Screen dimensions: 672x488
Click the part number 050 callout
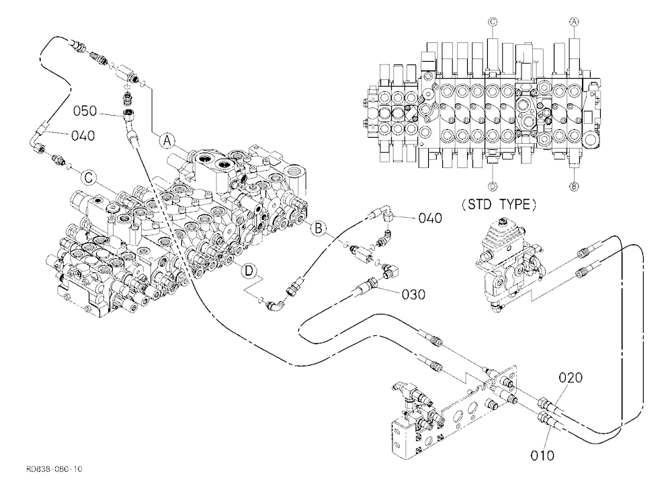[x=85, y=111]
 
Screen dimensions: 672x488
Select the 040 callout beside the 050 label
[x=83, y=136]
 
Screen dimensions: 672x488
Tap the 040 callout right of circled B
[x=430, y=218]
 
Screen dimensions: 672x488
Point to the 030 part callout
[x=413, y=294]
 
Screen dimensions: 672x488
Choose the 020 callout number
[x=571, y=378]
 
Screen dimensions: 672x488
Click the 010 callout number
[x=542, y=456]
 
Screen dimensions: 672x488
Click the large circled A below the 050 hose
[x=167, y=140]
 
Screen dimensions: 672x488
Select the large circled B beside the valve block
[x=319, y=228]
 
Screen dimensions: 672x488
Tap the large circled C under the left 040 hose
[x=88, y=177]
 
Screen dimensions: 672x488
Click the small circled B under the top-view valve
[x=574, y=186]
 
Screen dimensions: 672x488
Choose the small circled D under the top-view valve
[x=493, y=186]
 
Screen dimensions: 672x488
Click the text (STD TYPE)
[x=499, y=204]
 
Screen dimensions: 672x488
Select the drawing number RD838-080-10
[x=54, y=469]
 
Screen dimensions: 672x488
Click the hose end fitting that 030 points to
[x=368, y=284]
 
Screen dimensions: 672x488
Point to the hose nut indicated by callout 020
[x=543, y=403]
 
